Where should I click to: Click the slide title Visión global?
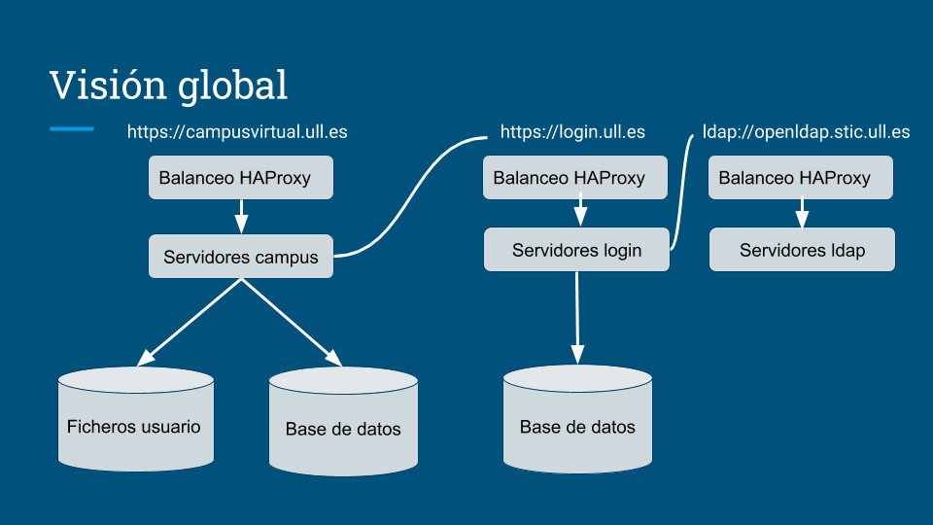[169, 85]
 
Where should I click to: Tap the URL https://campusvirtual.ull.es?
[237, 132]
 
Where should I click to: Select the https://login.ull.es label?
[572, 132]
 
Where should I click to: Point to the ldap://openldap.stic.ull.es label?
[806, 132]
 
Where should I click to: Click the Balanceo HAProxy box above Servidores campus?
[241, 177]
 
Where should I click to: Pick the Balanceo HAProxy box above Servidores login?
[575, 177]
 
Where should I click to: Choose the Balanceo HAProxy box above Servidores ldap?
[800, 177]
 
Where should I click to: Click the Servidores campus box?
[241, 256]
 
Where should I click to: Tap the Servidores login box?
[576, 250]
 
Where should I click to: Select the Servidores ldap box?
[802, 250]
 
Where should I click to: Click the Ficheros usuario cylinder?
[136, 419]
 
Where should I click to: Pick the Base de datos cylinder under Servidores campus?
[343, 421]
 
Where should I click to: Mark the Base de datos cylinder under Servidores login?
[577, 419]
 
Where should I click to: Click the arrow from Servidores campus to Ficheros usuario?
[190, 322]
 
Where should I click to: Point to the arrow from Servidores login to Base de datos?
[577, 318]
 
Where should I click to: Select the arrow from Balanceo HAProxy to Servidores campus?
[241, 217]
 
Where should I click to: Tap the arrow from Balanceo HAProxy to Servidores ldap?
[802, 213]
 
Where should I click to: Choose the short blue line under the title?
[72, 128]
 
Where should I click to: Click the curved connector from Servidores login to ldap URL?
[683, 192]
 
